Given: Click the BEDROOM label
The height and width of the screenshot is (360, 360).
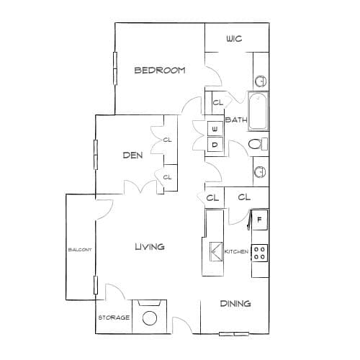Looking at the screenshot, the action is [x=160, y=71].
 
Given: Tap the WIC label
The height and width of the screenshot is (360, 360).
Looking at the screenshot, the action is [x=234, y=39].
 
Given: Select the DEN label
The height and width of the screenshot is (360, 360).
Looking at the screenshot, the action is [x=132, y=156].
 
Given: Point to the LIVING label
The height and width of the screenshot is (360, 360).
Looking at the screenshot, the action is [x=150, y=247].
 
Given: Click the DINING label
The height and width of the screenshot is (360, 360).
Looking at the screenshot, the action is [x=235, y=304].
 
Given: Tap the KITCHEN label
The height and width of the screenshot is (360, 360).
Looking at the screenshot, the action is [x=236, y=251].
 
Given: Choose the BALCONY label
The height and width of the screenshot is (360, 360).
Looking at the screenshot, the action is [x=80, y=250].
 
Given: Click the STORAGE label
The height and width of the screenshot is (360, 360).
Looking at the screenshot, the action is [x=114, y=318].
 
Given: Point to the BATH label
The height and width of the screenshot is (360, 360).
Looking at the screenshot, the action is [x=236, y=120].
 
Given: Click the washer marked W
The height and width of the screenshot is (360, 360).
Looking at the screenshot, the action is [x=215, y=129].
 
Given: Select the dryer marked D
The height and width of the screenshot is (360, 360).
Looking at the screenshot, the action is [x=215, y=145].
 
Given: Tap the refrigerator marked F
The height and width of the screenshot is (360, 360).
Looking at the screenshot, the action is [x=259, y=220].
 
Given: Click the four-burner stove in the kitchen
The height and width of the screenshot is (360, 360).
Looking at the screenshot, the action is [x=259, y=253].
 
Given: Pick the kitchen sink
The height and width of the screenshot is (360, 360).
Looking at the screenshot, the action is [x=216, y=251].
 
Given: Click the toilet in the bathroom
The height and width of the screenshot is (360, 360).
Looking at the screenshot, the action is [x=258, y=144].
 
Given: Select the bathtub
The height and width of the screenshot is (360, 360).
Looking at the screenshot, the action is [x=258, y=111].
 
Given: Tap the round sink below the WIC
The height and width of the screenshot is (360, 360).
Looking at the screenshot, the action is [x=261, y=81].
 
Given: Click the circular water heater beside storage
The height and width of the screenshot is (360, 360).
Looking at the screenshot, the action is [x=150, y=318].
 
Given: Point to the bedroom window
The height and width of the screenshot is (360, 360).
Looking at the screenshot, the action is [x=115, y=68].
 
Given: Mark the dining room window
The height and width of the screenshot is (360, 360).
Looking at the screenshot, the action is [x=234, y=334].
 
